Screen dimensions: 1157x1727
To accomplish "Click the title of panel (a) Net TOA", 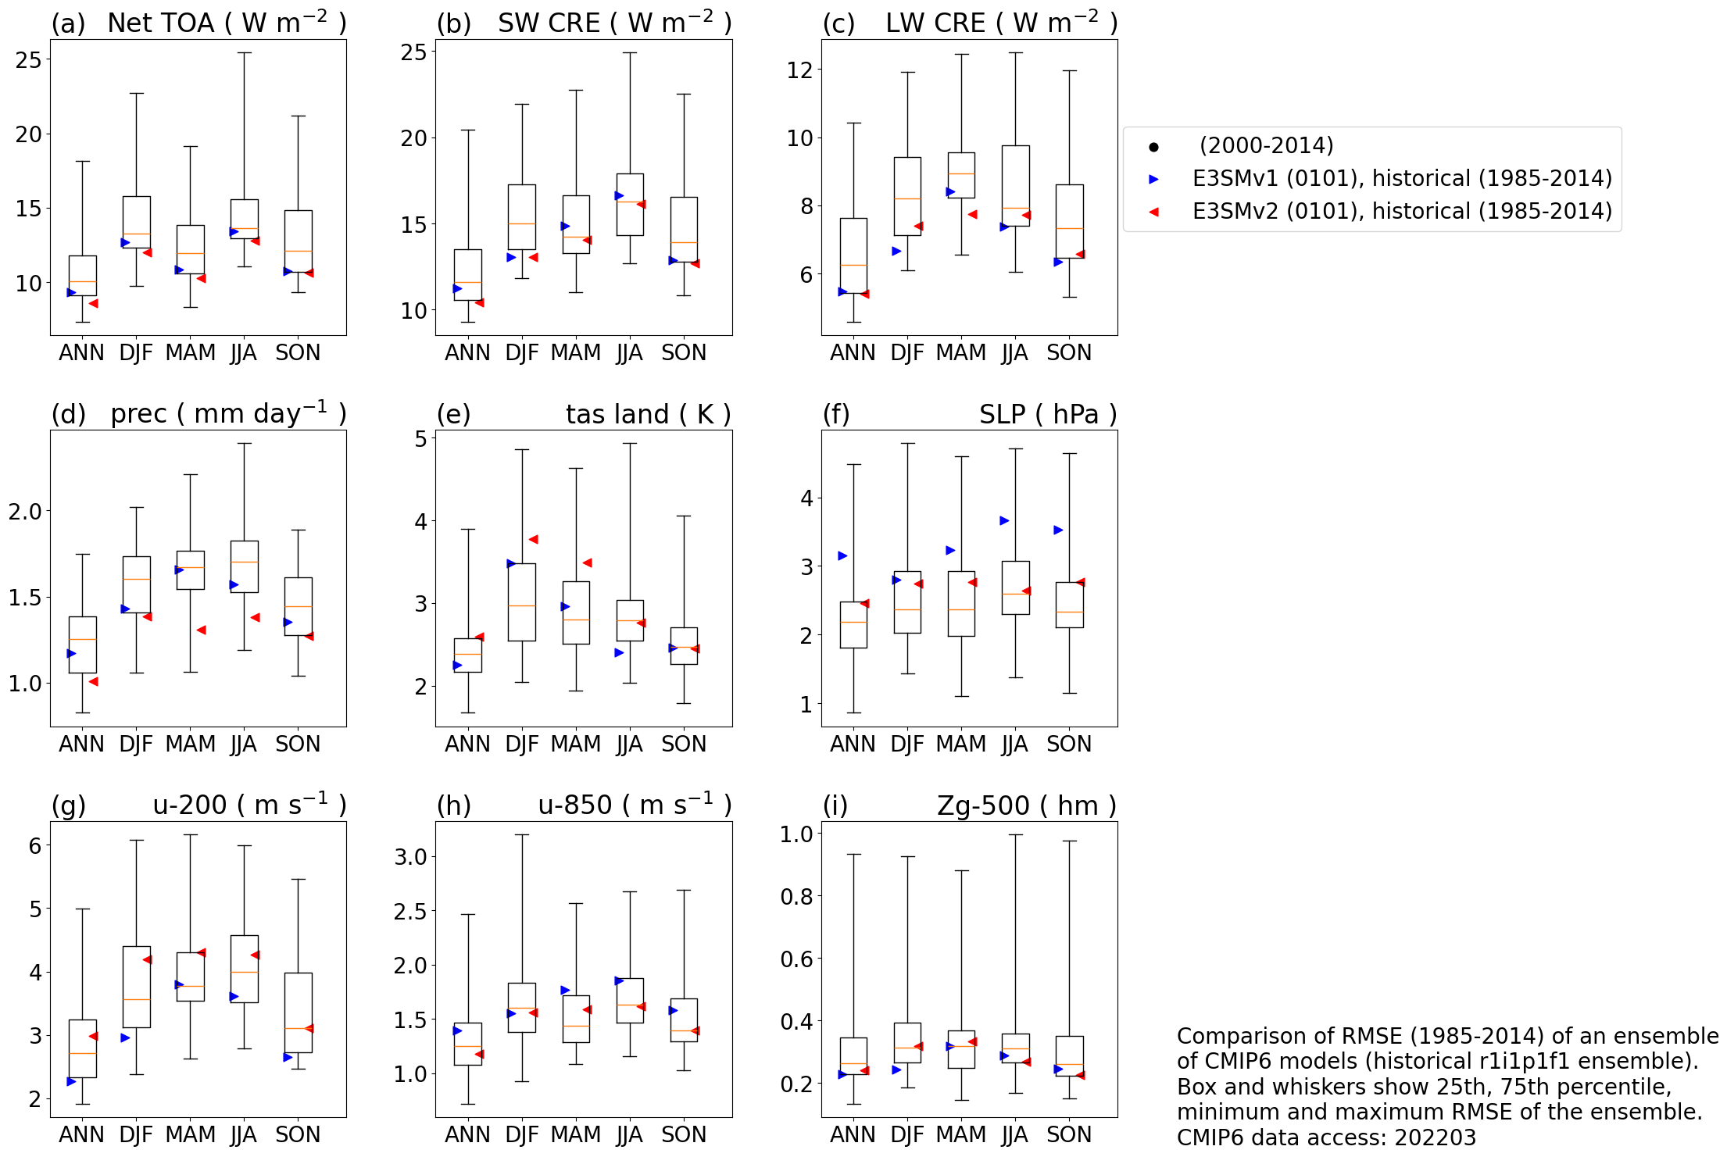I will coord(227,23).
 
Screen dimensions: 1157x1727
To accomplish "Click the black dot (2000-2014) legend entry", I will coord(1266,146).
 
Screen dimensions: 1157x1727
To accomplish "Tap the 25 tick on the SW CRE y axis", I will coord(413,52).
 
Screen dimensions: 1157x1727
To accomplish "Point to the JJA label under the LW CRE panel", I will coord(1014,353).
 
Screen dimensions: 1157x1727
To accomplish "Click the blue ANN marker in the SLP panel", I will coord(842,556).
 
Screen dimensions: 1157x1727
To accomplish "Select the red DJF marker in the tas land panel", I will coord(533,540).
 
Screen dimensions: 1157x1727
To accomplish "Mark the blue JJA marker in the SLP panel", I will coord(1005,521).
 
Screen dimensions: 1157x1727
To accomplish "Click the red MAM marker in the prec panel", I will coord(202,630).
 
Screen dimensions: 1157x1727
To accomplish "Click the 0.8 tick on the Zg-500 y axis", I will coord(796,897).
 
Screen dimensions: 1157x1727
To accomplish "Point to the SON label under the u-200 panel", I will coord(298,1135).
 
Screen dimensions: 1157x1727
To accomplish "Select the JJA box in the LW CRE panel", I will coord(1016,186).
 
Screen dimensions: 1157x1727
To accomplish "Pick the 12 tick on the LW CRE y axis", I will coord(799,70).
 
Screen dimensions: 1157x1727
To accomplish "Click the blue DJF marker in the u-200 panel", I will coord(125,1038).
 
